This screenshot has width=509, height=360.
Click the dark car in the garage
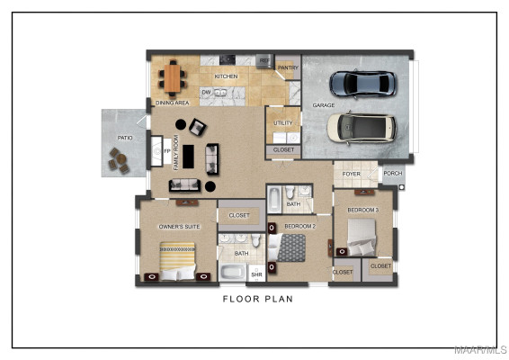point(362,84)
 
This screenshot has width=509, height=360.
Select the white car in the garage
point(361,128)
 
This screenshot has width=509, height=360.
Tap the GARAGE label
point(323,105)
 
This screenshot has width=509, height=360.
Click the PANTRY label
point(288,67)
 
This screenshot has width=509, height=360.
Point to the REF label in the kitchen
point(263,61)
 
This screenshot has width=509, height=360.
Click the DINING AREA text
point(172,103)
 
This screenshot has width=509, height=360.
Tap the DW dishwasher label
point(206,92)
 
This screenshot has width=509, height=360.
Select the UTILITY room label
point(282,122)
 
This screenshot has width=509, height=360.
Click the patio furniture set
point(119,160)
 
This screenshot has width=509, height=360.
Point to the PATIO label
point(125,138)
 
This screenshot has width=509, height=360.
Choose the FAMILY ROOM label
point(176,152)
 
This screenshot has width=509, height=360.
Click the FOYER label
point(351,175)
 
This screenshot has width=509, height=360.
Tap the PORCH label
point(392,175)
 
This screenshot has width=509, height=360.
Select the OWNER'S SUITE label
point(179,227)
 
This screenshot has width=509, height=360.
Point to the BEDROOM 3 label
point(363,210)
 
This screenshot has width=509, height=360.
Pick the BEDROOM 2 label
point(299,227)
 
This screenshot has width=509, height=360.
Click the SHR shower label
point(256,274)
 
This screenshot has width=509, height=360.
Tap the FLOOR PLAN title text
point(257,299)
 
